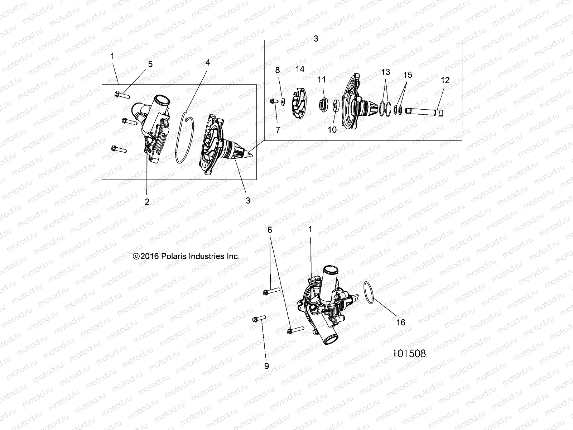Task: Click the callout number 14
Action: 300,69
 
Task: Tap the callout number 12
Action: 445,80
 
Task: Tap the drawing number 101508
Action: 409,353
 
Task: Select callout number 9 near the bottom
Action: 266,366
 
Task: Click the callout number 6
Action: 270,230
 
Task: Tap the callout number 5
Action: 150,64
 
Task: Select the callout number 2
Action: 147,201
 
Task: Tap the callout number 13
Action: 385,72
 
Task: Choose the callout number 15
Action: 408,75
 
